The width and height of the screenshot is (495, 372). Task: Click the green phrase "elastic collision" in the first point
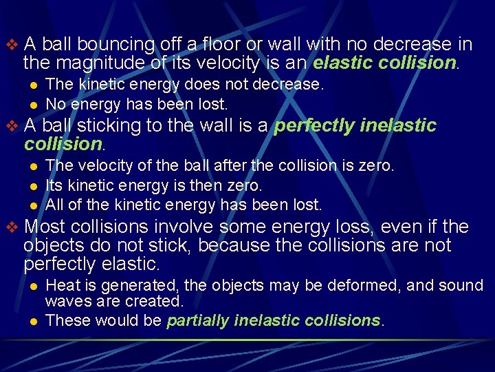tap(384, 63)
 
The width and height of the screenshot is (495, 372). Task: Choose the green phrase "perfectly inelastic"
tap(356, 126)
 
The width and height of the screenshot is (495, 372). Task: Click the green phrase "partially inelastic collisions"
tap(274, 320)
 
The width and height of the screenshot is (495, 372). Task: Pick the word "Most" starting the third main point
tap(44, 227)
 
